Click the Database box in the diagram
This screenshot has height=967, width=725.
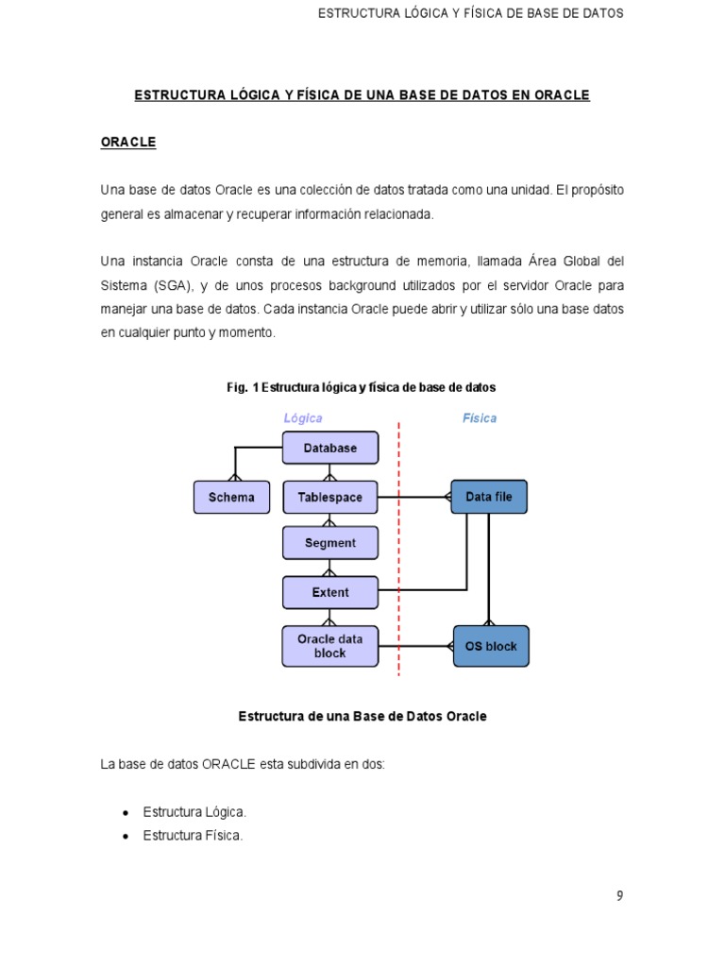330,449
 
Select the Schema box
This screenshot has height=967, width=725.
231,498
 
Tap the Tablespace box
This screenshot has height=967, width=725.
330,498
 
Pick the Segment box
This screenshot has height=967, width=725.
330,544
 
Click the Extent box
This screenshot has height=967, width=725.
330,593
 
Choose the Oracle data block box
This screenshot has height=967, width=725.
330,646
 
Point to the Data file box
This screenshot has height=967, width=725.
489,497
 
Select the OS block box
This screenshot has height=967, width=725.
491,647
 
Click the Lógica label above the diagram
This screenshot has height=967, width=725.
303,418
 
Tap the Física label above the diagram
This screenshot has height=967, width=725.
480,418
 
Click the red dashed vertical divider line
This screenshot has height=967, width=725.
399,567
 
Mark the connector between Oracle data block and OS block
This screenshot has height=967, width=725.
415,647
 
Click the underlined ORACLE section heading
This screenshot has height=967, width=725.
128,142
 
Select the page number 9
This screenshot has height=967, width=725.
620,896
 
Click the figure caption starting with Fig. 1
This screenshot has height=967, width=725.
362,387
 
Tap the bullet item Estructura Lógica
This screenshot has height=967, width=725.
194,812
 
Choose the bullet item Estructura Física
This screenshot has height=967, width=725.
193,836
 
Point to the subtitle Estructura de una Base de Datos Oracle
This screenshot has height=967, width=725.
362,717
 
